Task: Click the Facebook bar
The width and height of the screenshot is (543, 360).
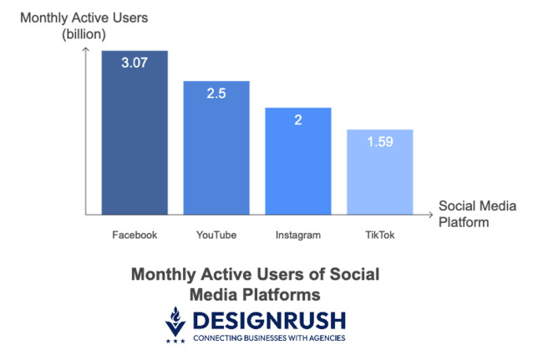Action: tap(134, 134)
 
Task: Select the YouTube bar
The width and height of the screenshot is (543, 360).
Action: tap(216, 150)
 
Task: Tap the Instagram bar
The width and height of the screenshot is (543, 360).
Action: tap(298, 163)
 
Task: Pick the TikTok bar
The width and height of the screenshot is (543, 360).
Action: tap(380, 175)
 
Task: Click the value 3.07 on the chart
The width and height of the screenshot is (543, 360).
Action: tap(134, 63)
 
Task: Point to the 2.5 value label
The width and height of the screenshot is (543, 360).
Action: tap(216, 93)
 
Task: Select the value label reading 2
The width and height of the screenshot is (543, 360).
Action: tap(298, 120)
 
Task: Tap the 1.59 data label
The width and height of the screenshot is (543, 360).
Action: tap(380, 142)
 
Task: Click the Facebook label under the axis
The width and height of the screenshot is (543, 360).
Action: tap(134, 235)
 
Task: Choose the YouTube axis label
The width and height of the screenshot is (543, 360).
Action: tap(216, 235)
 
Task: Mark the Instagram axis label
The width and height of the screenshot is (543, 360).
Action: tap(298, 235)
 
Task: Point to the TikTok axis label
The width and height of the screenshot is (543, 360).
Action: tap(380, 235)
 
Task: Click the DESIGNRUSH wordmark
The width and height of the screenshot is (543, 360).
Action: tap(269, 320)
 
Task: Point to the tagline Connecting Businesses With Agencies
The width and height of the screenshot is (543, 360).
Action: tap(268, 338)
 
